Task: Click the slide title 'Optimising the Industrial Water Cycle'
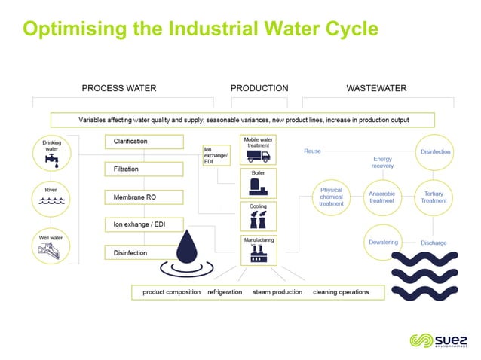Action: [x=201, y=29]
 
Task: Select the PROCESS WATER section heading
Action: [x=119, y=88]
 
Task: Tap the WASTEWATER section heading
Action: [x=376, y=88]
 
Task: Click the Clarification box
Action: [x=143, y=142]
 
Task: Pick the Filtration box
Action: [x=143, y=169]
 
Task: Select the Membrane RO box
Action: [x=143, y=197]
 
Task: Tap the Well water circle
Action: [x=52, y=243]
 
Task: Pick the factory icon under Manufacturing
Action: [x=258, y=255]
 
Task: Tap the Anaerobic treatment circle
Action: [x=381, y=197]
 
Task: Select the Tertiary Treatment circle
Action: [x=434, y=197]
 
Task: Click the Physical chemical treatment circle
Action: [x=331, y=197]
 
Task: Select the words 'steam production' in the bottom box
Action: [x=277, y=292]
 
